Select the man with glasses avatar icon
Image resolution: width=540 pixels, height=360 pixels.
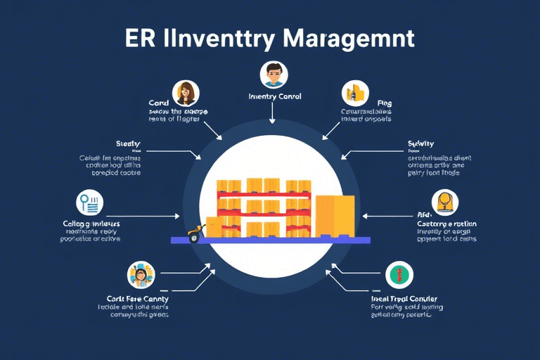tap(273, 74)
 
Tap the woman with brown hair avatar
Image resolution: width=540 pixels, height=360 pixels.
tap(186, 92)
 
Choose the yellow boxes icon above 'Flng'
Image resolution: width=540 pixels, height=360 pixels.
tap(355, 93)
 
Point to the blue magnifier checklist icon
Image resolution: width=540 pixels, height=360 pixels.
tap(89, 202)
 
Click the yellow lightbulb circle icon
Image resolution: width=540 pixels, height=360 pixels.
tap(444, 202)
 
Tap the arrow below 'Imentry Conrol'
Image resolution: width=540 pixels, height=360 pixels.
tap(272, 115)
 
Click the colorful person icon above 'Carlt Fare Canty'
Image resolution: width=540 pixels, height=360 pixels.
tap(141, 276)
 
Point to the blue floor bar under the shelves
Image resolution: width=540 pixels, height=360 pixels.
tap(270, 240)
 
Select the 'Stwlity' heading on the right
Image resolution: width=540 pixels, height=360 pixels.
tap(420, 144)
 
